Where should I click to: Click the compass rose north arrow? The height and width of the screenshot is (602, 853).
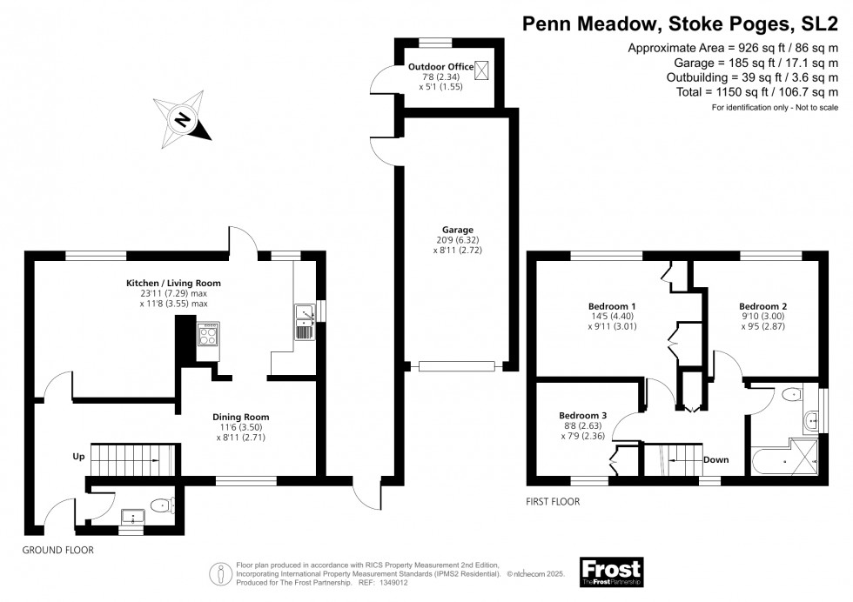pyautogui.click(x=183, y=119)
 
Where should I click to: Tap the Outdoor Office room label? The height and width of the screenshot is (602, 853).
pyautogui.click(x=440, y=67)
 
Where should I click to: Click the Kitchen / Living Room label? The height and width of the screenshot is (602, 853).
pyautogui.click(x=173, y=283)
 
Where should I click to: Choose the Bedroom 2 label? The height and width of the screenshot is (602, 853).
pyautogui.click(x=762, y=306)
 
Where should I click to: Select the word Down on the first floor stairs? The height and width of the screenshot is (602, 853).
pyautogui.click(x=715, y=459)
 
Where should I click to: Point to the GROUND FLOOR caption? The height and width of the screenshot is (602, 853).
pyautogui.click(x=57, y=551)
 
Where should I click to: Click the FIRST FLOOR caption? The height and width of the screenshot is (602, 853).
pyautogui.click(x=554, y=502)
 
